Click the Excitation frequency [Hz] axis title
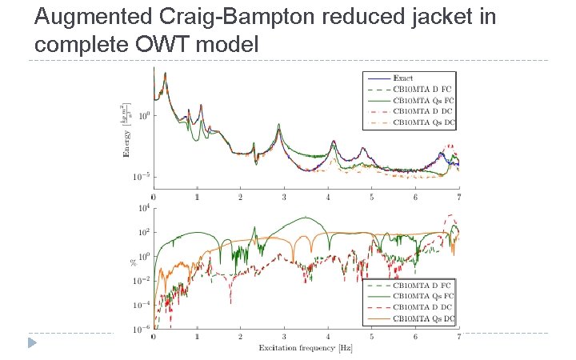tap(305, 348)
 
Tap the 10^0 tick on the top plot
tap(143, 116)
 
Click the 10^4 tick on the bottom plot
tap(143, 209)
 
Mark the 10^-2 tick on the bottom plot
tap(142, 281)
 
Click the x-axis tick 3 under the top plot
tap(284, 197)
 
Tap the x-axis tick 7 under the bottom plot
tap(458, 338)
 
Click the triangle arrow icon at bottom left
tap(31, 343)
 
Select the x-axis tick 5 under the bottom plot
tap(371, 338)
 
